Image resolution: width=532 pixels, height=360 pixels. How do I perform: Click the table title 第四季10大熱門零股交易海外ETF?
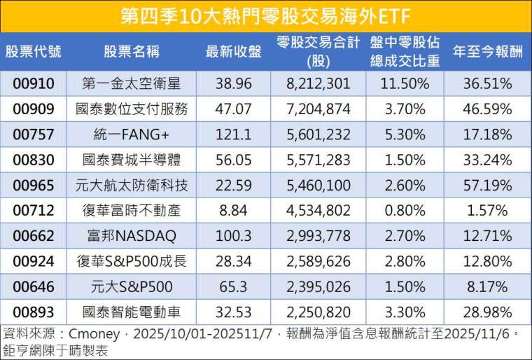coord(266,15)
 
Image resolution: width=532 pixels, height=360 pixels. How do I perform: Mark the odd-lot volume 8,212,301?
coord(318,84)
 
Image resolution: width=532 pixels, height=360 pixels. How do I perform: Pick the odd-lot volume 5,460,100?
coord(318,185)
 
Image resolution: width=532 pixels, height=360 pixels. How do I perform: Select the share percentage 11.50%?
coord(405,84)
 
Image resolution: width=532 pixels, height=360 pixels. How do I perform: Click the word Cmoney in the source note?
coord(92,332)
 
